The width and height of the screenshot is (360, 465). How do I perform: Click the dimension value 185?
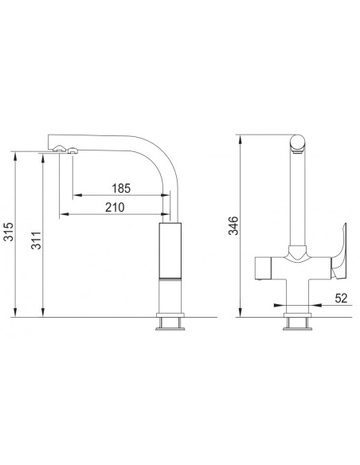coord(121,188)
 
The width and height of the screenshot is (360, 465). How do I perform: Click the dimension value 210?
coord(115,207)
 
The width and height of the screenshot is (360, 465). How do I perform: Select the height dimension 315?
coord(9,232)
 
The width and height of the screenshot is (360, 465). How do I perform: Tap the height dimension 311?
coord(36,240)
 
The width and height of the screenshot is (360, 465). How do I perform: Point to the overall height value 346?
coord(233,225)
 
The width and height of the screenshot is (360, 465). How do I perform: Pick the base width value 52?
coord(341,298)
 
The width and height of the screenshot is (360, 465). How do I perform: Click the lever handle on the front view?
coord(339,252)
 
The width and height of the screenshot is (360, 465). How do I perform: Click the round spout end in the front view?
coord(297,143)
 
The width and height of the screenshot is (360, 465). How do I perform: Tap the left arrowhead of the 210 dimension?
coord(64,214)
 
